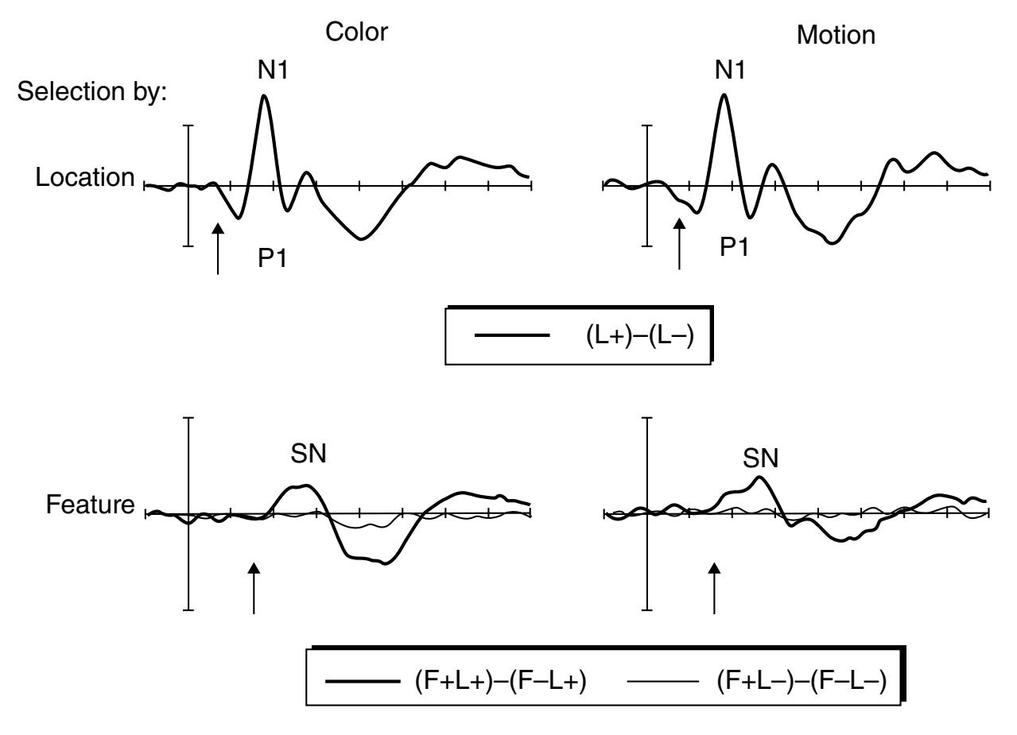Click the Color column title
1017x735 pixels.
(x=356, y=33)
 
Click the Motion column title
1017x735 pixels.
(x=836, y=36)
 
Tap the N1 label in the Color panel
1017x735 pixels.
(x=273, y=71)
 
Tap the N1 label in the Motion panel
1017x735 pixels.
(x=730, y=71)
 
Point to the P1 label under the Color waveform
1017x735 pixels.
(x=273, y=258)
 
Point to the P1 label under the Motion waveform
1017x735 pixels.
(x=734, y=247)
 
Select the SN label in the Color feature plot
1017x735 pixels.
(x=309, y=453)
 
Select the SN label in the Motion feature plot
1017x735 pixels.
(x=760, y=458)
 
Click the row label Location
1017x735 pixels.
(x=85, y=177)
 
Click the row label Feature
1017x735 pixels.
(x=91, y=505)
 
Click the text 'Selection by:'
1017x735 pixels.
(x=92, y=91)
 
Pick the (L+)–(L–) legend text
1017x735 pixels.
(x=640, y=336)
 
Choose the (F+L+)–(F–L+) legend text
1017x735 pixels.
(x=500, y=680)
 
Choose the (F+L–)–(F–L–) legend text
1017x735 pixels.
(x=802, y=680)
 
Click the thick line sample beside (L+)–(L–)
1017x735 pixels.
(x=512, y=335)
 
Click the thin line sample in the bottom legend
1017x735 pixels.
(x=663, y=681)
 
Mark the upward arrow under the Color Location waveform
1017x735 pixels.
(x=218, y=249)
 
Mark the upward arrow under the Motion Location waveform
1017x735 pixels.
(x=679, y=244)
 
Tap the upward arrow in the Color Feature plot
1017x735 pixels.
(x=254, y=589)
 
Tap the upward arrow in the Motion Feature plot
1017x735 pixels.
(x=715, y=589)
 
